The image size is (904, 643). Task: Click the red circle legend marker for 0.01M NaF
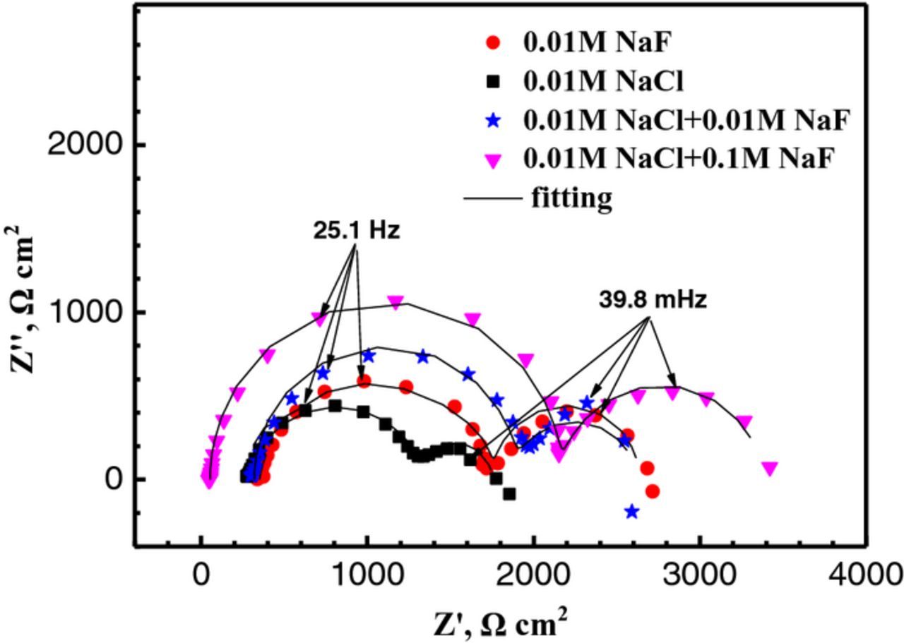click(x=494, y=43)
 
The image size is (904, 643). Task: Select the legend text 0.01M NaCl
click(x=603, y=83)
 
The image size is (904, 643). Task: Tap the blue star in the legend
click(x=494, y=121)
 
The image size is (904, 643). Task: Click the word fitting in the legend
click(x=571, y=198)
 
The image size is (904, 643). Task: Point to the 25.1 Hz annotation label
click(x=357, y=231)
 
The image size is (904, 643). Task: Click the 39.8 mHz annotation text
click(x=653, y=300)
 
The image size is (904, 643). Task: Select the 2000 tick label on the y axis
click(x=86, y=145)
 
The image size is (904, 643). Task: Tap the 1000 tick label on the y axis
click(x=86, y=312)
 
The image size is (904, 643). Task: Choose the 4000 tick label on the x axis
click(x=866, y=575)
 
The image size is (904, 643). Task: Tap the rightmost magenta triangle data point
click(x=770, y=468)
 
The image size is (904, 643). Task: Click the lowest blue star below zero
click(x=631, y=512)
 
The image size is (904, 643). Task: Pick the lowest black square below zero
click(x=509, y=494)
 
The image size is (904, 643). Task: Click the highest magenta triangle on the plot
click(x=396, y=302)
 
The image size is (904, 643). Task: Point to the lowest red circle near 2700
click(x=652, y=491)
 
